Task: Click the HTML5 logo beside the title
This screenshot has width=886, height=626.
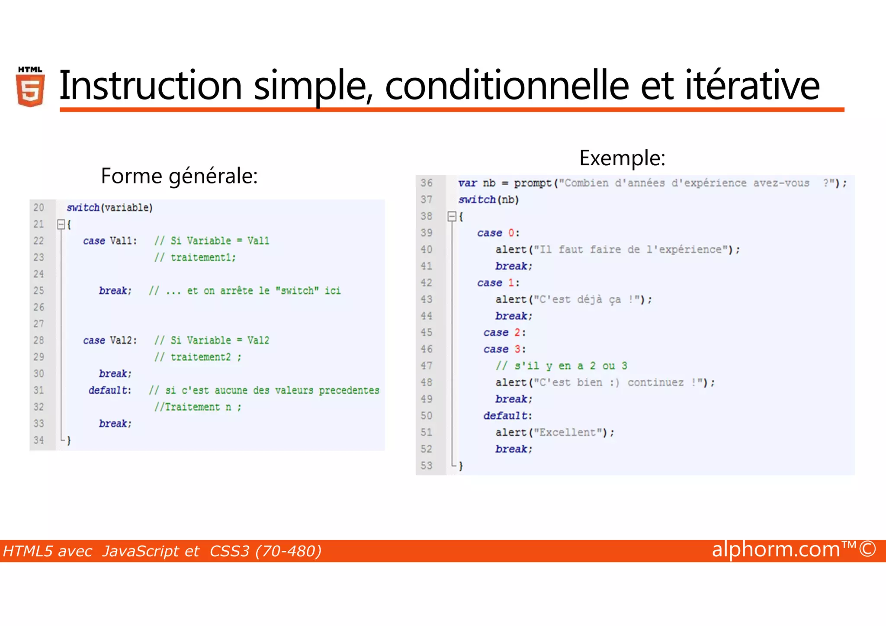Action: tap(30, 87)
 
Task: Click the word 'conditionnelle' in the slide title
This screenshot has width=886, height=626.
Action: tap(507, 86)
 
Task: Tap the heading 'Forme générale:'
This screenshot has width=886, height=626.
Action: tap(179, 176)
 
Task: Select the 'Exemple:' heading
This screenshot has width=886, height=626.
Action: tap(622, 157)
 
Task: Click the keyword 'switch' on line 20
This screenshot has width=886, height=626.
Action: tap(83, 208)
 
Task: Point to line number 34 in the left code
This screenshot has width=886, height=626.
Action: tap(39, 440)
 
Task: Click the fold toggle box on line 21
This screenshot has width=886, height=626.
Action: tap(61, 224)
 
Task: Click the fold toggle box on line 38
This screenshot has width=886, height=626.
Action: tap(452, 216)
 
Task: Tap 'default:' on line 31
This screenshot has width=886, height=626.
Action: tap(110, 390)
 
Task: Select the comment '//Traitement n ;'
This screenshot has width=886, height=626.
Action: tap(198, 407)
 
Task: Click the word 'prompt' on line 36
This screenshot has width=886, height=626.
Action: tap(533, 183)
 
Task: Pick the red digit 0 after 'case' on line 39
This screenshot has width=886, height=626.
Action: tap(511, 233)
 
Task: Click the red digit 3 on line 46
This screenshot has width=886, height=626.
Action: tap(517, 349)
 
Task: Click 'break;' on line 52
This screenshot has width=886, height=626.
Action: tap(514, 449)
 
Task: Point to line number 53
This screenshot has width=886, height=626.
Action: tap(426, 465)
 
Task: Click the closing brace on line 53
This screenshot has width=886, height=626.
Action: tap(461, 466)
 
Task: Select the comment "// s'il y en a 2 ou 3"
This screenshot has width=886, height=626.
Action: tap(561, 366)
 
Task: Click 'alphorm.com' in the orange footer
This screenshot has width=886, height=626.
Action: tap(776, 549)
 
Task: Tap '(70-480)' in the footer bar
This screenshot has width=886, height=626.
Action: tap(289, 551)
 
